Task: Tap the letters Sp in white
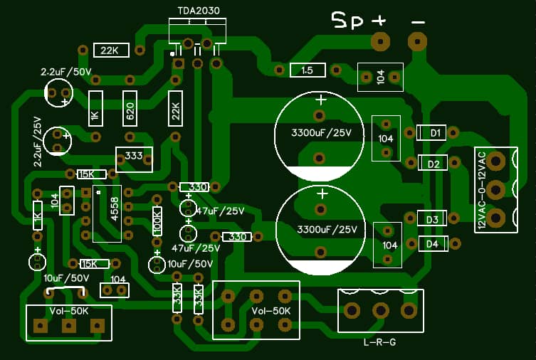[347, 20]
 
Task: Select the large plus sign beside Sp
[379, 20]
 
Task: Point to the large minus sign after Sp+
[418, 21]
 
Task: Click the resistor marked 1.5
[308, 70]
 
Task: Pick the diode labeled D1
[432, 132]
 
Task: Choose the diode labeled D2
[432, 164]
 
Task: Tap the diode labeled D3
[431, 219]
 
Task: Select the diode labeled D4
[432, 244]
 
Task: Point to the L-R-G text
[379, 342]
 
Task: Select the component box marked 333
[134, 158]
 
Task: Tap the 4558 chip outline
[107, 213]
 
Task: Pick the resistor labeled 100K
[158, 221]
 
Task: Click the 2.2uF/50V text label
[66, 72]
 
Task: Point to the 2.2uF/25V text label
[38, 142]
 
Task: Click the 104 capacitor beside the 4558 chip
[67, 200]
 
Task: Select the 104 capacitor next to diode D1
[386, 138]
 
